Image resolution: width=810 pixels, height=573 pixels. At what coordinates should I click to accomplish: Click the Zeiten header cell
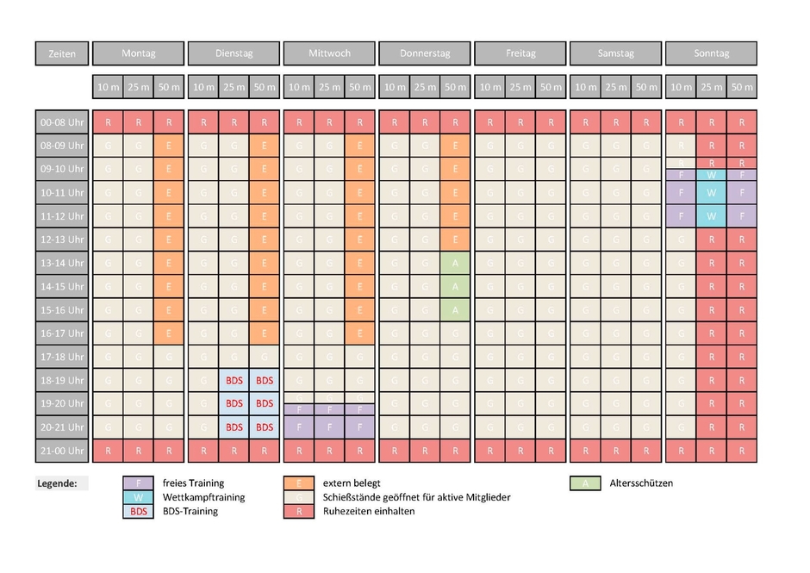pyautogui.click(x=62, y=53)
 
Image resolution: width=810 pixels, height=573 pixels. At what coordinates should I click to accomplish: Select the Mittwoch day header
pyautogui.click(x=329, y=53)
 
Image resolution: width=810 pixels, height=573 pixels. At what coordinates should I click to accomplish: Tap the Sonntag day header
pyautogui.click(x=711, y=53)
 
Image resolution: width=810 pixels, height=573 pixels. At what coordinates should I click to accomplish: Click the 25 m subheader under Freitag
pyautogui.click(x=520, y=87)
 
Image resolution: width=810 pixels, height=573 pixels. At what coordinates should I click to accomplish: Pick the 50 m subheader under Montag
pyautogui.click(x=169, y=87)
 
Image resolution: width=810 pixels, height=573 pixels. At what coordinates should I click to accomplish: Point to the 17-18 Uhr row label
pyautogui.click(x=62, y=357)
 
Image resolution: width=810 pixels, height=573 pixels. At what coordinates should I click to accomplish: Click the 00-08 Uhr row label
pyautogui.click(x=62, y=123)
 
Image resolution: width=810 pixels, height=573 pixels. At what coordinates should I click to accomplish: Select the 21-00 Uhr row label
pyautogui.click(x=62, y=450)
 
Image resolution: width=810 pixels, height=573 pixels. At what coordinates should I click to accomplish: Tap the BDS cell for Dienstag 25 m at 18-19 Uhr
pyautogui.click(x=234, y=380)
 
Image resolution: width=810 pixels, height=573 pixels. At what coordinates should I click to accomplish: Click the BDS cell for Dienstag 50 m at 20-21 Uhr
pyautogui.click(x=265, y=427)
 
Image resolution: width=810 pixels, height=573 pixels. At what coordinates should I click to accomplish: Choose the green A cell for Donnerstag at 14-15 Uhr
pyautogui.click(x=455, y=287)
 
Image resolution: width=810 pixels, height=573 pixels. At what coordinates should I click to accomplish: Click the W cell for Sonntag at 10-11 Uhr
pyautogui.click(x=711, y=192)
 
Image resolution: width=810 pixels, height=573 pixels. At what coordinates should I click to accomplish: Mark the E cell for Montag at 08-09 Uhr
pyautogui.click(x=169, y=146)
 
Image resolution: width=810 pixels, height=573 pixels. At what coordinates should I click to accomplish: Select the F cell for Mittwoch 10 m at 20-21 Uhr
pyautogui.click(x=299, y=427)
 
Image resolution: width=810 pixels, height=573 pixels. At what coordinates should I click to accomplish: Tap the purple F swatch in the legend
pyautogui.click(x=138, y=483)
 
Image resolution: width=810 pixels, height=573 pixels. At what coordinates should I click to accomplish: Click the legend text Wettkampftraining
pyautogui.click(x=203, y=497)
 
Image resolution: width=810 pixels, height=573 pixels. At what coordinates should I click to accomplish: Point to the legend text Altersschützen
pyautogui.click(x=641, y=483)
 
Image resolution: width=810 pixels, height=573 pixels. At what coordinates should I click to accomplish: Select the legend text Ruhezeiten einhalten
pyautogui.click(x=369, y=511)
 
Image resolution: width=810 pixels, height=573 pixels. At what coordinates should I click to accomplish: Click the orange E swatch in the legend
pyautogui.click(x=298, y=483)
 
